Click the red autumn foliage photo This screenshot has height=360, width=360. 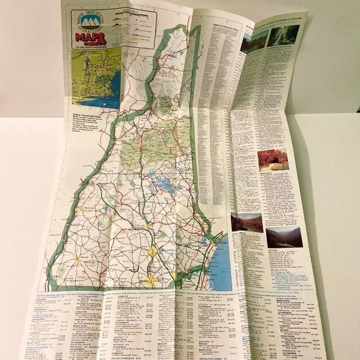pyautogui.click(x=272, y=160)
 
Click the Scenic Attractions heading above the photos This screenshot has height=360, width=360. pyautogui.click(x=270, y=25)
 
